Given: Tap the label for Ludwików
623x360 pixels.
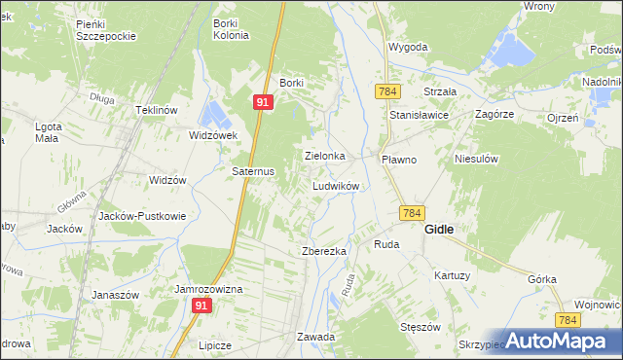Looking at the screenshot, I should [x=337, y=185].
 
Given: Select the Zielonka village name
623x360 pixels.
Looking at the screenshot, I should [x=326, y=155].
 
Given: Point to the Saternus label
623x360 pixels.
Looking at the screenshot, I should [x=253, y=170].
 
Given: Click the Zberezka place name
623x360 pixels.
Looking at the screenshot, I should [x=324, y=251].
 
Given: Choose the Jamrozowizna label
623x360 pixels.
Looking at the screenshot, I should [x=208, y=290].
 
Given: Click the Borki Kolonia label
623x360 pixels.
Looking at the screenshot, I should [x=231, y=28].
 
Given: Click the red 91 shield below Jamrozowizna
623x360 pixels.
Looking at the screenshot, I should [x=201, y=306].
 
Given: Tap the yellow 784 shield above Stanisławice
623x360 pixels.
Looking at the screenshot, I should [x=385, y=90].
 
